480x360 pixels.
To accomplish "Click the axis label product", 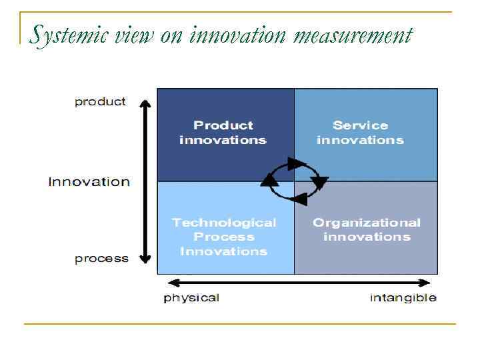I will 100,101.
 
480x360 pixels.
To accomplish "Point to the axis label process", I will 101,259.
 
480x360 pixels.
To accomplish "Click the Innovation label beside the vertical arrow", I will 89,181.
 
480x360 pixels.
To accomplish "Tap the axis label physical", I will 191,297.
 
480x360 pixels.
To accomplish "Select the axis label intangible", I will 403,297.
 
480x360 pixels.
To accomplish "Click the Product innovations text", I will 223,133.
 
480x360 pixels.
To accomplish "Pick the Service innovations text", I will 360,133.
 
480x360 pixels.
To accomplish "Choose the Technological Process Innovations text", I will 223,237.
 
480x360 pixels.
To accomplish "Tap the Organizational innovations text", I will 366,229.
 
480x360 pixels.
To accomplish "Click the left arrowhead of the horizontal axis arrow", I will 172,283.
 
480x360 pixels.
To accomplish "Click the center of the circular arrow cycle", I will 293,181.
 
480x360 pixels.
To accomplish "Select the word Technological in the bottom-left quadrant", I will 223,223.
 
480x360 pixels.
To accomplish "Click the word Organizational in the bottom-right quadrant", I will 367,223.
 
